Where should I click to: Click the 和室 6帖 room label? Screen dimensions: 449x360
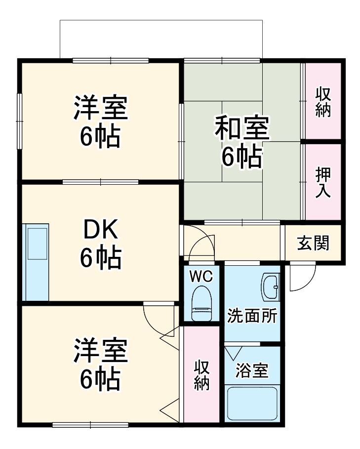241,142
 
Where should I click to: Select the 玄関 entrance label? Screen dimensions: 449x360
313,243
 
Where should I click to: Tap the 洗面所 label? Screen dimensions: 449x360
251,317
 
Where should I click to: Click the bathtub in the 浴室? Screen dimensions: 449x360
252,403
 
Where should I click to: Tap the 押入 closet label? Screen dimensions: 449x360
323,182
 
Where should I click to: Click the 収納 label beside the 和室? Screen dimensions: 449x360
323,102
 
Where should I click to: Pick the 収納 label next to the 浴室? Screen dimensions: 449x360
201,375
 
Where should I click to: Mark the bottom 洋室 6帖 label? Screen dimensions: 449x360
101,364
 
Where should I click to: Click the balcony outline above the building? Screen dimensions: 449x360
161,21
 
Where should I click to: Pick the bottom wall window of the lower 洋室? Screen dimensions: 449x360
90,424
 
